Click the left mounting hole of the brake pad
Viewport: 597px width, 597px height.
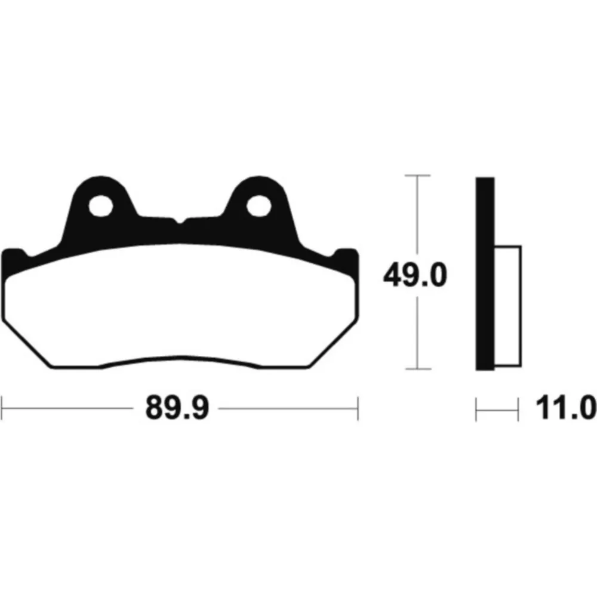(101, 206)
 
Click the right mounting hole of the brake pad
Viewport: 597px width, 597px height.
(259, 206)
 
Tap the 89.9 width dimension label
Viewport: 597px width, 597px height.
(177, 408)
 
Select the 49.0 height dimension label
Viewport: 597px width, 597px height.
(416, 275)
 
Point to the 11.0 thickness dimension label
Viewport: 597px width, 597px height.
(566, 408)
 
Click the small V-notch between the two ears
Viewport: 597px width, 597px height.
(180, 221)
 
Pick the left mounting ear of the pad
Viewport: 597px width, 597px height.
(100, 205)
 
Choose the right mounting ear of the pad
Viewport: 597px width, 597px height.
(260, 205)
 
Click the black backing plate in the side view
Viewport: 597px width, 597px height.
(485, 274)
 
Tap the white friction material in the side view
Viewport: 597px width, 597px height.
(508, 306)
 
